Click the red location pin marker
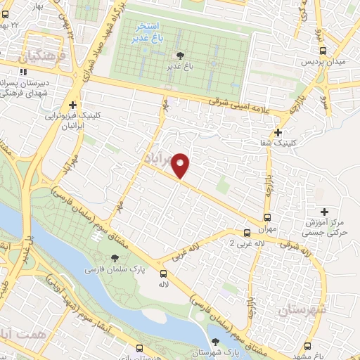click(x=181, y=165)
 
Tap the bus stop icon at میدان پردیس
click(x=323, y=51)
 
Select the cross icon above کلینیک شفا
click(x=279, y=131)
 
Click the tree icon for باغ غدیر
click(x=180, y=56)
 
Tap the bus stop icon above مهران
click(x=267, y=217)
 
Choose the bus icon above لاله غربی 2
click(x=247, y=233)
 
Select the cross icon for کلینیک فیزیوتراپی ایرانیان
click(x=73, y=104)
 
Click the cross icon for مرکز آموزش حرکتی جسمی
click(x=324, y=212)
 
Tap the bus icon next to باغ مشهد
click(x=309, y=345)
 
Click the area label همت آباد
click(x=22, y=336)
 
